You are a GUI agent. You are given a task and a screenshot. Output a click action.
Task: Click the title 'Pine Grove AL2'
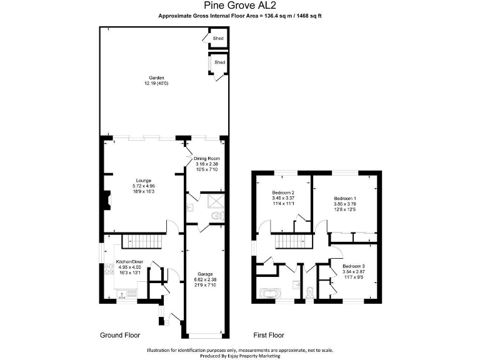tap(239, 6)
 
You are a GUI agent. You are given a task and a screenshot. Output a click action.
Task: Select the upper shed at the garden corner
tap(219, 39)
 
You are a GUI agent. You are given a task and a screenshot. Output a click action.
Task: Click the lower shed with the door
tap(219, 63)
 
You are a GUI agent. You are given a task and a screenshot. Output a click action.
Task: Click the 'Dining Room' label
tap(207, 159)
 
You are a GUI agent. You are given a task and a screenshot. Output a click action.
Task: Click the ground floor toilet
tap(216, 216)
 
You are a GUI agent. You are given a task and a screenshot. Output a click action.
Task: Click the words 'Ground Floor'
tap(120, 335)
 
